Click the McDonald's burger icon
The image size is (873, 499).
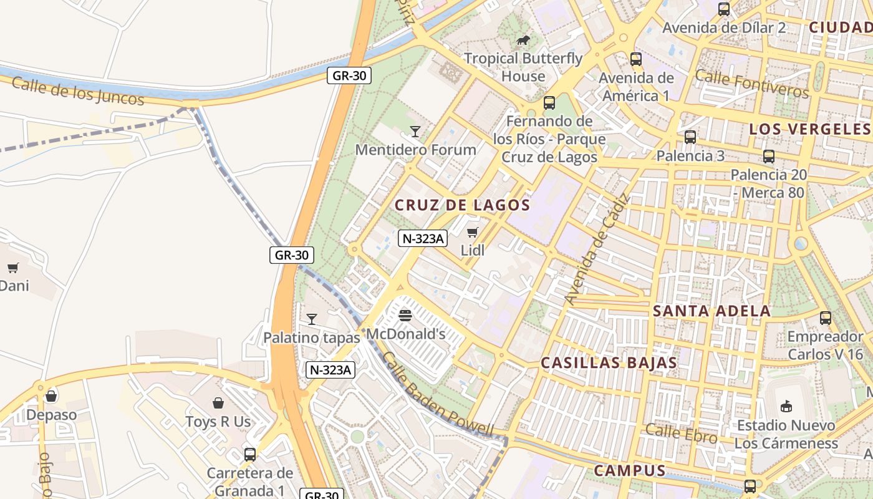pos(405,315)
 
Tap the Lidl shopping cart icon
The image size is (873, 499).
pos(472,233)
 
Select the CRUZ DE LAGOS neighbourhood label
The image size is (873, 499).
pos(462,205)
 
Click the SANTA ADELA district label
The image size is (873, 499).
pos(711,311)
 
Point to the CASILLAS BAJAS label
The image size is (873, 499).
pos(609,362)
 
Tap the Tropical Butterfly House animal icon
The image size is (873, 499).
pos(523,41)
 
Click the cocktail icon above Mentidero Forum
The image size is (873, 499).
pos(415,131)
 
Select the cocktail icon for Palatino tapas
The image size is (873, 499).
pos(311,319)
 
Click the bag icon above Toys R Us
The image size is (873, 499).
pos(218,403)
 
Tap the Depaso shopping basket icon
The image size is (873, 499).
pos(51,396)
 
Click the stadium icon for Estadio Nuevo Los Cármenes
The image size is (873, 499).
pos(786,407)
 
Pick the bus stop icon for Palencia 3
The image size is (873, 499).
pos(690,137)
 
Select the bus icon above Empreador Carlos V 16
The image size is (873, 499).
pos(825,318)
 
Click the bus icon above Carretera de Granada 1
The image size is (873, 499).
pos(249,454)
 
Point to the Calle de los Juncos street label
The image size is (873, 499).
pos(78,91)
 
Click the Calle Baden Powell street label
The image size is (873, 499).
pos(437,395)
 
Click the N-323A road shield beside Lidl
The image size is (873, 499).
pos(423,238)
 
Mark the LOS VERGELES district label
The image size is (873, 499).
pos(809,129)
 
